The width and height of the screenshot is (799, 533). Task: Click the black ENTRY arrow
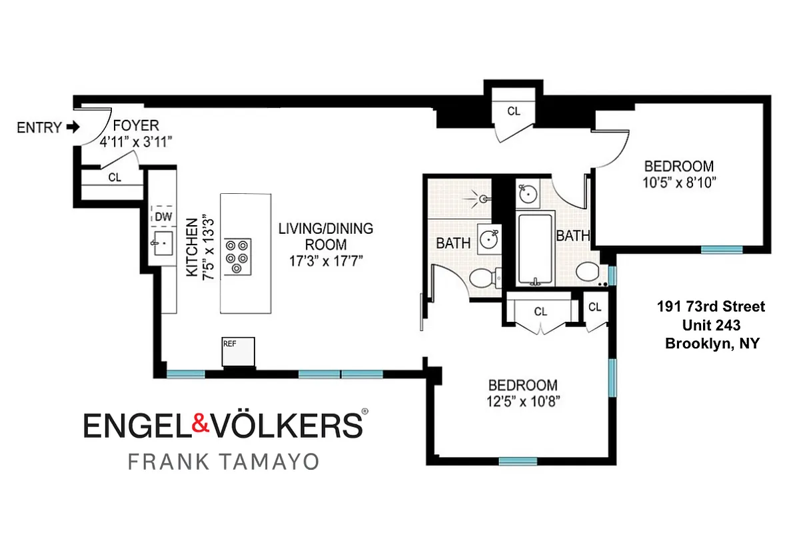72,127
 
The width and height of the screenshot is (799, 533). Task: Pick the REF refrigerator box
239,351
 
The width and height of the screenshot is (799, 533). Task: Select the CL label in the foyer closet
114,178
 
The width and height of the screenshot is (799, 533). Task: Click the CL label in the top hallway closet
513,111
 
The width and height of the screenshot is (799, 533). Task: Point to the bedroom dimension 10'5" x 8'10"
678,181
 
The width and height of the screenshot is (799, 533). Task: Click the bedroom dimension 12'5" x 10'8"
522,400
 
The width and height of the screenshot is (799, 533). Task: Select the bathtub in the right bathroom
534,249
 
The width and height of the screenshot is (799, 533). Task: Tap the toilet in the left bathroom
480,279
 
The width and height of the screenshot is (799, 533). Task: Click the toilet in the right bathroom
588,273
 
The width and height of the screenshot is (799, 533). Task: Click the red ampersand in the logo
202,424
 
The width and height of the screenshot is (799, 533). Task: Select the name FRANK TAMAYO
223,462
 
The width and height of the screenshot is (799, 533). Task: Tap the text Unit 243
711,325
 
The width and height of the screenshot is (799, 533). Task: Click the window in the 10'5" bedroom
722,249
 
